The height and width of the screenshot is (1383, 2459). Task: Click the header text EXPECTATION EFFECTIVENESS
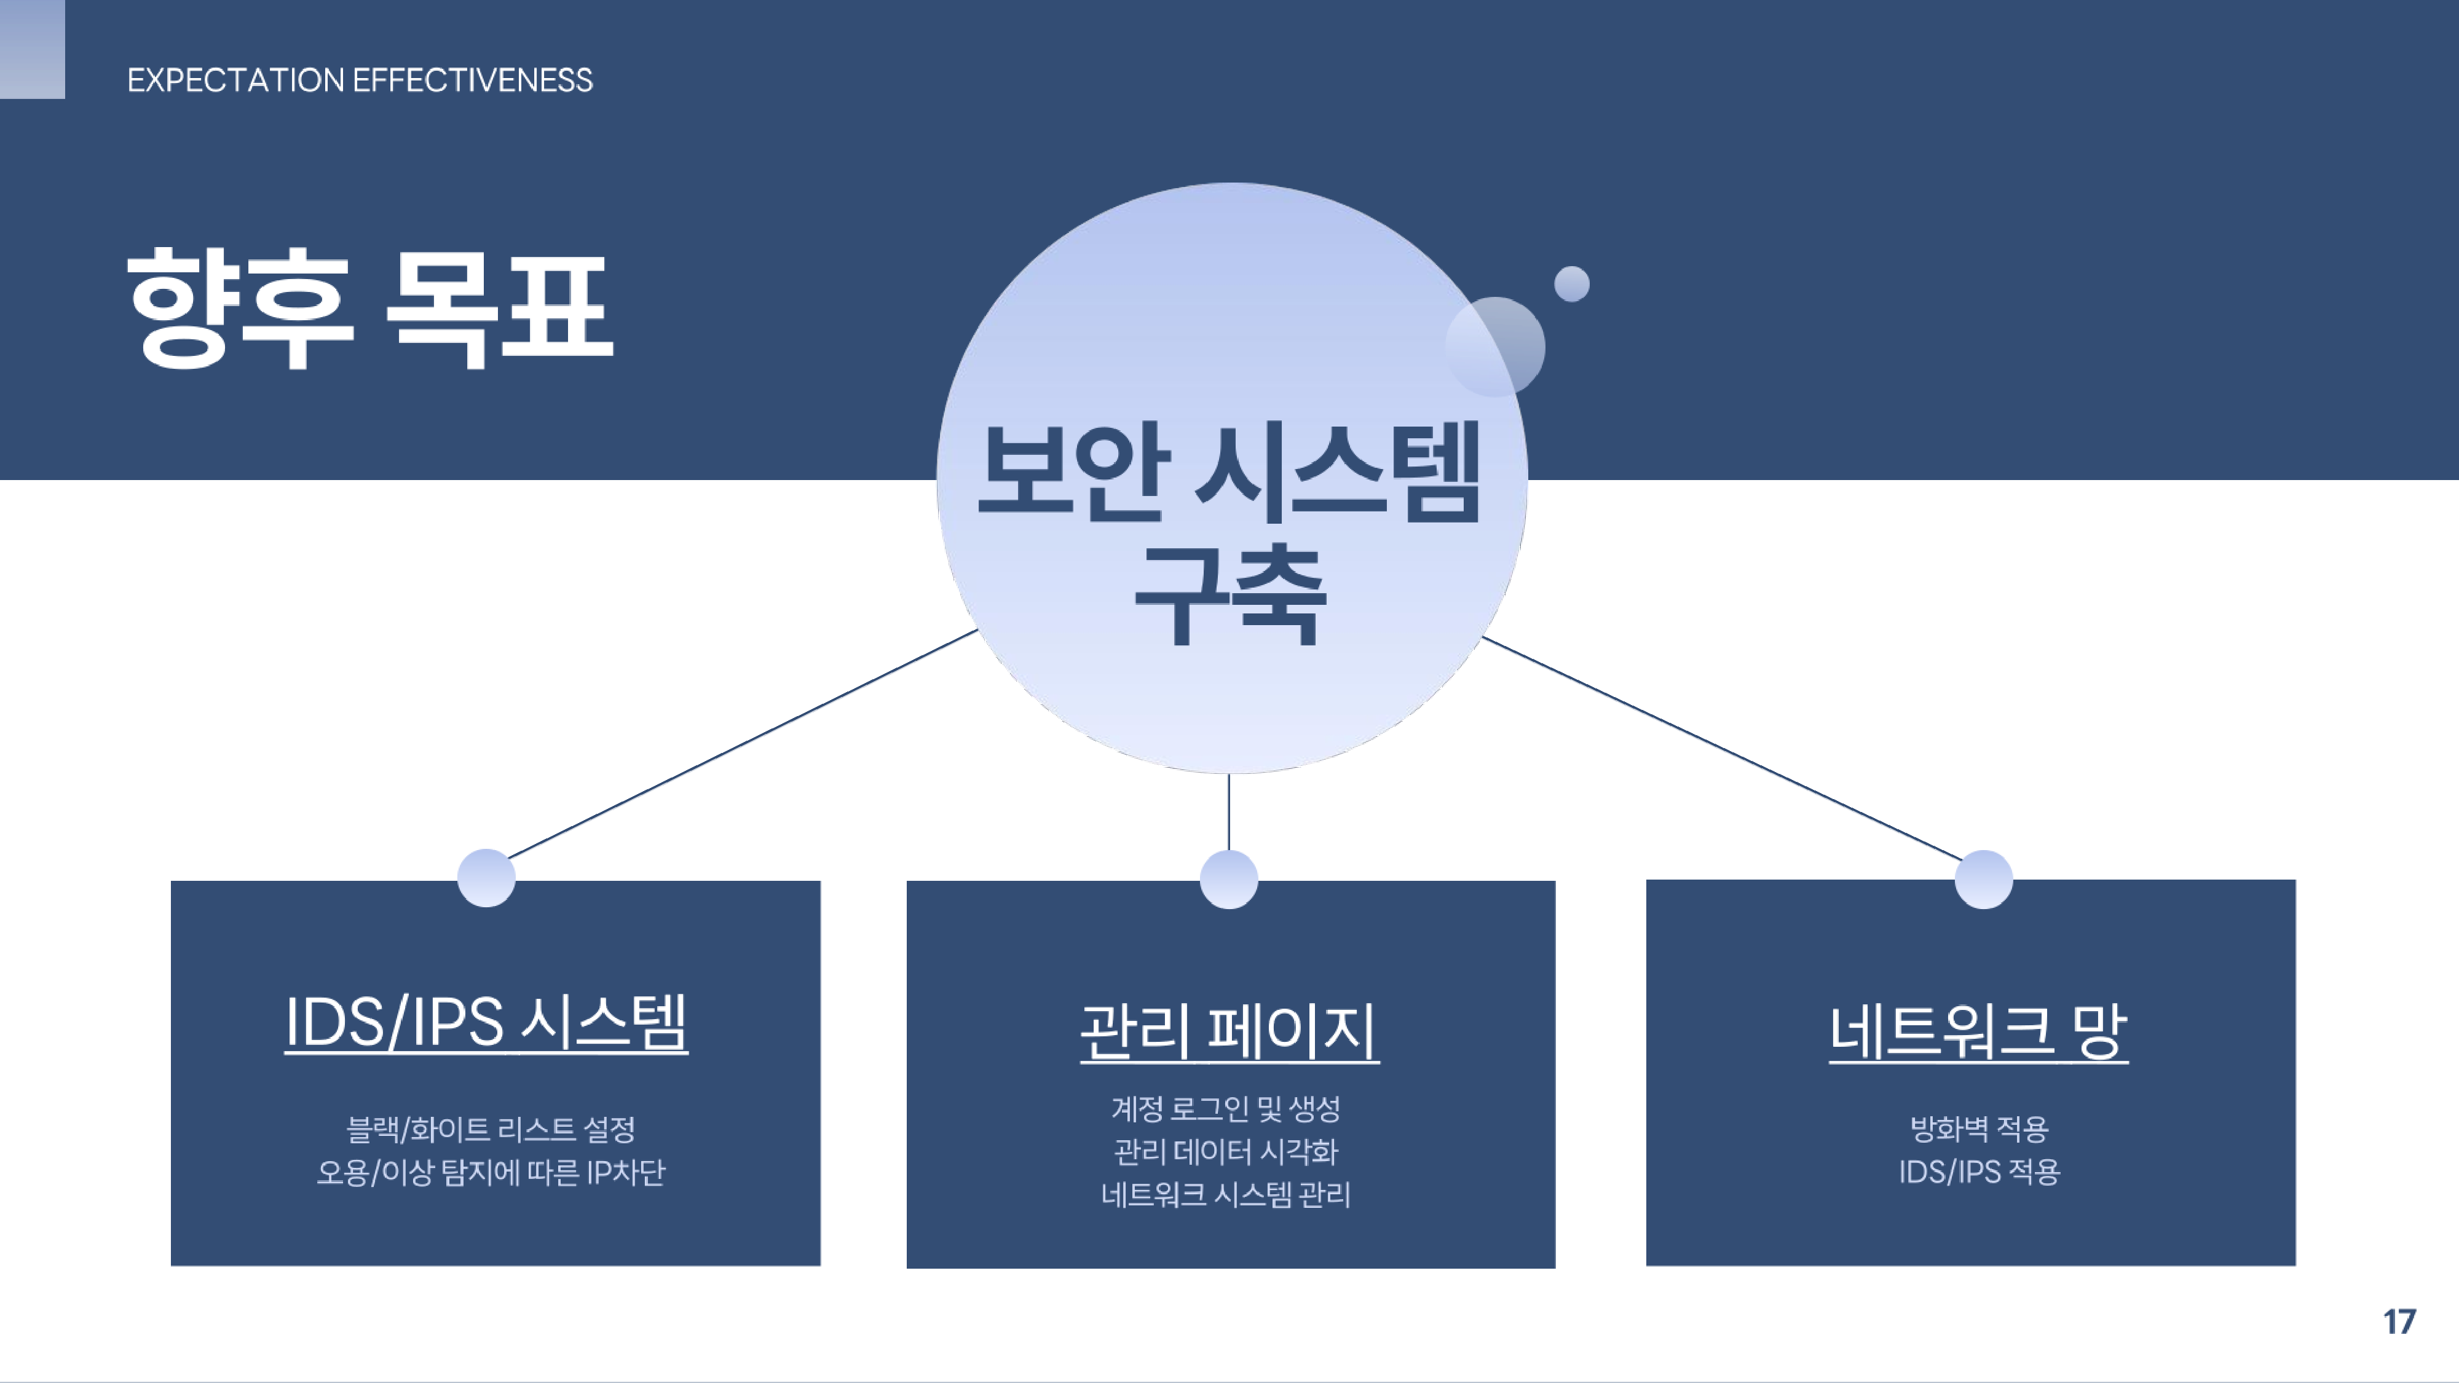pyautogui.click(x=360, y=80)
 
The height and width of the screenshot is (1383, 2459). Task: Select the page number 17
pyautogui.click(x=2399, y=1322)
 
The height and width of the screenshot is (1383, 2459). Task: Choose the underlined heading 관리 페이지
pyautogui.click(x=1229, y=1032)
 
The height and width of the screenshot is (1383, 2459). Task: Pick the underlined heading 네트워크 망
pyautogui.click(x=1979, y=1032)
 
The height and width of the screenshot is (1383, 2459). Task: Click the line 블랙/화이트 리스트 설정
pyautogui.click(x=491, y=1129)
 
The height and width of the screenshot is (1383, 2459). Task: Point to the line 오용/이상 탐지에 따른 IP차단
pyautogui.click(x=491, y=1172)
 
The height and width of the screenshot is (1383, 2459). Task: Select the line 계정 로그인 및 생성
pyautogui.click(x=1226, y=1108)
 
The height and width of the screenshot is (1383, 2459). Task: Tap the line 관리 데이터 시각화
pyautogui.click(x=1226, y=1152)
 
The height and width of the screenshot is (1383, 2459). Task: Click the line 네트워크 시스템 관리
pyautogui.click(x=1226, y=1194)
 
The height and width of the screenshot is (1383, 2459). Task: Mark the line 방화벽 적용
pyautogui.click(x=1979, y=1129)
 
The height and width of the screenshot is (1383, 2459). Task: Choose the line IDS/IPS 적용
pyautogui.click(x=1979, y=1172)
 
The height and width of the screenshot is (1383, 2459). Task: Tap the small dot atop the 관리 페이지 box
pyautogui.click(x=1228, y=879)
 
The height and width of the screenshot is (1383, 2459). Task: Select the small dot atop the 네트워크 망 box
pyautogui.click(x=1984, y=879)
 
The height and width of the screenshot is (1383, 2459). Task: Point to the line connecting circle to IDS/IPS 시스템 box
pyautogui.click(x=743, y=744)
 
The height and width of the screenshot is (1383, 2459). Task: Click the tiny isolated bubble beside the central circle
pyautogui.click(x=1571, y=283)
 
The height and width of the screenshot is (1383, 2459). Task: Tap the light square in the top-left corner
pyautogui.click(x=33, y=49)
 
